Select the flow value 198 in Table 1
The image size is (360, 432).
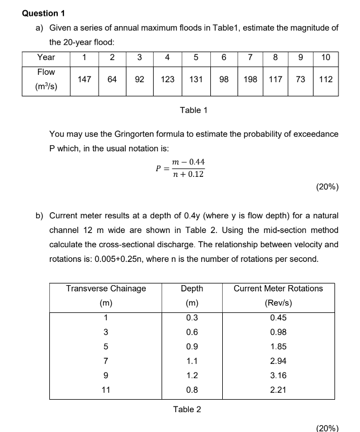(x=250, y=79)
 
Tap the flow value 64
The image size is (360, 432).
(x=112, y=79)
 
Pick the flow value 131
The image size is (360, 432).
(x=196, y=79)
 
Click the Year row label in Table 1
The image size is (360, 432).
(x=46, y=57)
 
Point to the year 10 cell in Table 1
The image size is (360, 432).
(x=325, y=57)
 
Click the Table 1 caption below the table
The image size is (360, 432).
(x=193, y=110)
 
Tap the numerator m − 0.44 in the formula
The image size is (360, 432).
(x=189, y=162)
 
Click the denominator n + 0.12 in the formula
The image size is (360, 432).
(x=189, y=174)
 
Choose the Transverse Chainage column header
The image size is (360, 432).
(x=106, y=288)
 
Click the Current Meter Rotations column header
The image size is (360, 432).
(x=278, y=288)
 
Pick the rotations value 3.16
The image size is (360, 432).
(x=278, y=375)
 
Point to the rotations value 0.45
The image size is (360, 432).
(x=278, y=318)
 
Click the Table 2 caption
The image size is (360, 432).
(x=187, y=409)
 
